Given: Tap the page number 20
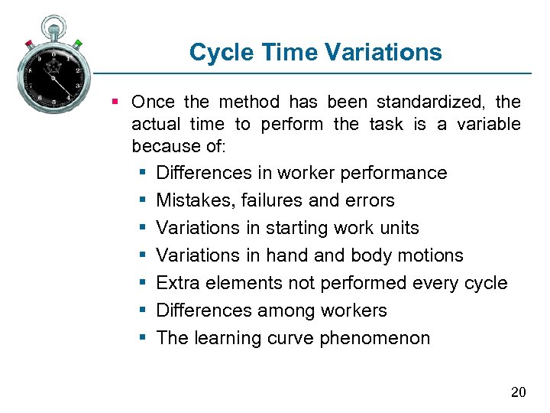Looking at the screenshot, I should pos(518,392).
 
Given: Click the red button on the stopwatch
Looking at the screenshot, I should pos(29,44).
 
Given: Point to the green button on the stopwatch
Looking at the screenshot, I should pos(78,44).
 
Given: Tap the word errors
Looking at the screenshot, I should pos(370,200).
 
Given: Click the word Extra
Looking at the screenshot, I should pos(176,283).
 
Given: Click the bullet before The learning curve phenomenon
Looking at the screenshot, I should pos(143,338).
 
